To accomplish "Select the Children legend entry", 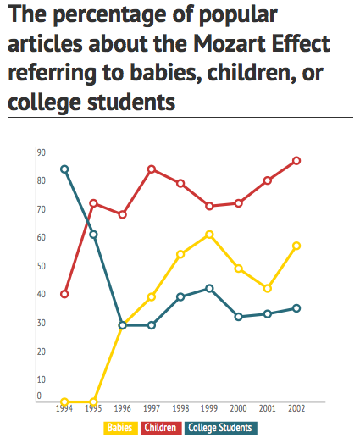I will (x=161, y=429).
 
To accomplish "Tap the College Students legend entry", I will (x=219, y=429).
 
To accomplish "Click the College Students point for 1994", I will (x=64, y=169).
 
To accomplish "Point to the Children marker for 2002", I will (x=296, y=160).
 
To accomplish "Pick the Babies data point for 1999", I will (x=209, y=234).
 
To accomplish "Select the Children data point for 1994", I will (x=64, y=294).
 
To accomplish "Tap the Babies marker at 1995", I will (x=93, y=401).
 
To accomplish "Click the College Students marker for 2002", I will (x=296, y=307).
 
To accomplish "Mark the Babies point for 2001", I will (x=268, y=288).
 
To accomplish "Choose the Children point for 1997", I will (x=152, y=169).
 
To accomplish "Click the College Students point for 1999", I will (x=209, y=288).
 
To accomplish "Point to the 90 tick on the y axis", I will (x=40, y=152).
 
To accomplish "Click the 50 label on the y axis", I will (x=40, y=266).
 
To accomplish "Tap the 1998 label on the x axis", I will (x=180, y=409).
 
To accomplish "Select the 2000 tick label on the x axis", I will (x=238, y=409).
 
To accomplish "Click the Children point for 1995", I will (x=93, y=203).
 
